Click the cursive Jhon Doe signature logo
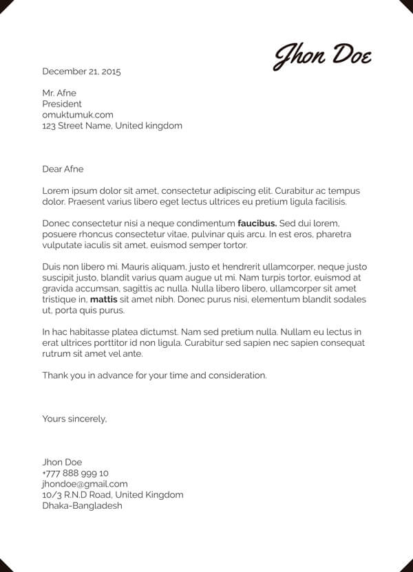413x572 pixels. tap(323, 55)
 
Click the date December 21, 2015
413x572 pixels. tap(81, 71)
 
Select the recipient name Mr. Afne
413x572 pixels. tap(59, 93)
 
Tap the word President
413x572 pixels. tap(62, 104)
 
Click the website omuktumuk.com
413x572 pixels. tap(78, 115)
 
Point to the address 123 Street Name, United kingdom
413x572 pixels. tap(112, 126)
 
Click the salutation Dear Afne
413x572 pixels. tap(63, 169)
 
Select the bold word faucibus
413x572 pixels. tap(257, 223)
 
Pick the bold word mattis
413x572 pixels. tap(104, 300)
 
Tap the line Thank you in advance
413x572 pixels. tap(154, 375)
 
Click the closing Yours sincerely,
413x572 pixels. tap(74, 418)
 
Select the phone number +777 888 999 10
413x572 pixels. tap(75, 473)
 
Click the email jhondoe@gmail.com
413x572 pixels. tap(85, 484)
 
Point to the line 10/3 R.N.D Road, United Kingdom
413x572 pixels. tap(113, 495)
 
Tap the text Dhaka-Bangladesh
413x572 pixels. tap(82, 506)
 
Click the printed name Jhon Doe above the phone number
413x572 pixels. tap(62, 462)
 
